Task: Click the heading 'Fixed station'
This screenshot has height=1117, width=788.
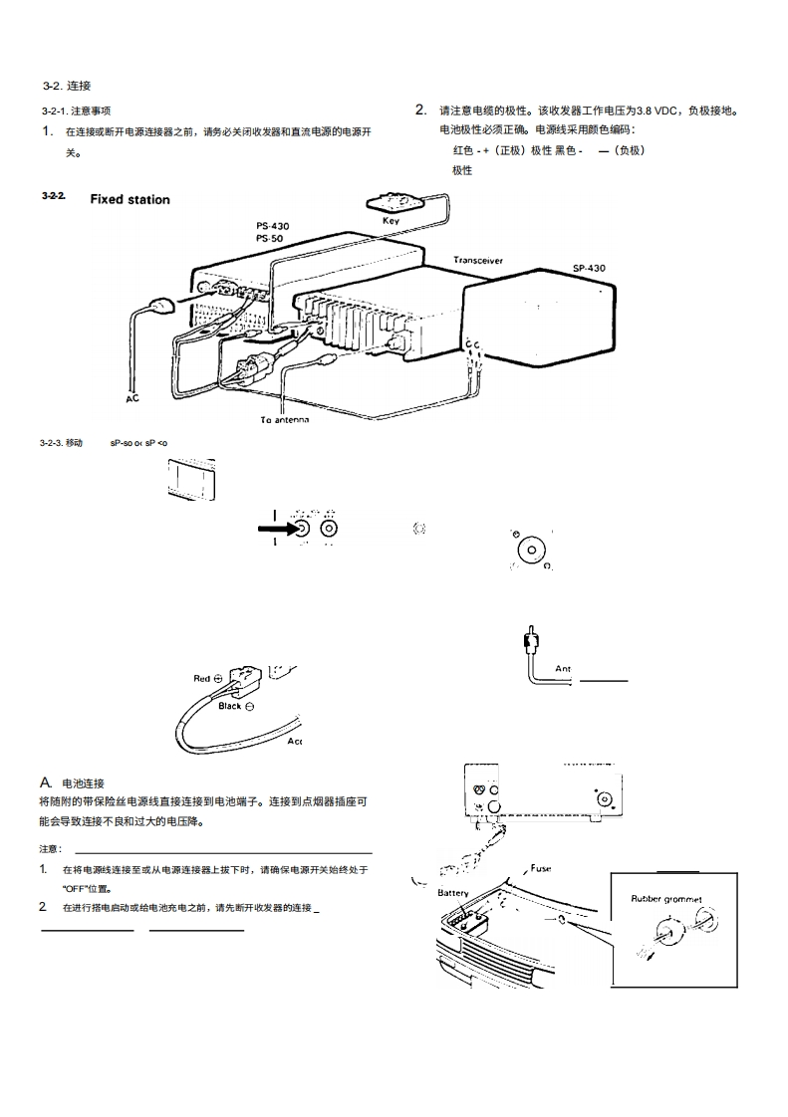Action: coord(130,200)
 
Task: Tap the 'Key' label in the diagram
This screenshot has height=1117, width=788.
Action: coord(392,220)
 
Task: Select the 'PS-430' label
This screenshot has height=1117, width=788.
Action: coord(273,227)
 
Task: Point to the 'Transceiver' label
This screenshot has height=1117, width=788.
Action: coord(478,261)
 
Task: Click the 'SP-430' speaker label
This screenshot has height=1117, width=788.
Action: coord(588,268)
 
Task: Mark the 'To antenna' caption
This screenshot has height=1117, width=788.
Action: coord(285,420)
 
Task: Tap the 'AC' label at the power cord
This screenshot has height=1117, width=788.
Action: coord(131,399)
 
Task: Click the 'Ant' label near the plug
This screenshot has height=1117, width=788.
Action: coord(563,669)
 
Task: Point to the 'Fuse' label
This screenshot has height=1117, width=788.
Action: coord(540,868)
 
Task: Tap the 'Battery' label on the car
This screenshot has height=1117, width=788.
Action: coord(453,893)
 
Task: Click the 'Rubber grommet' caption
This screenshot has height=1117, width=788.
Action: coord(665,899)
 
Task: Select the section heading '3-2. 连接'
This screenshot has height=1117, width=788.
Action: coord(67,87)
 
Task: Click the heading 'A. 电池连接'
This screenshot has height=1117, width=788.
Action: coord(73,783)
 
